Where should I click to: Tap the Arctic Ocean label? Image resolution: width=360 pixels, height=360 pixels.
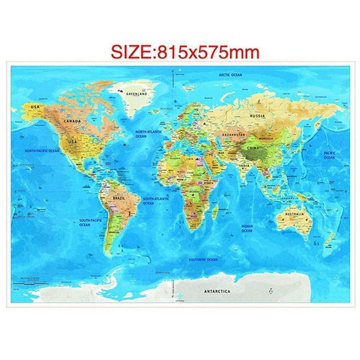tap(230, 75)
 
